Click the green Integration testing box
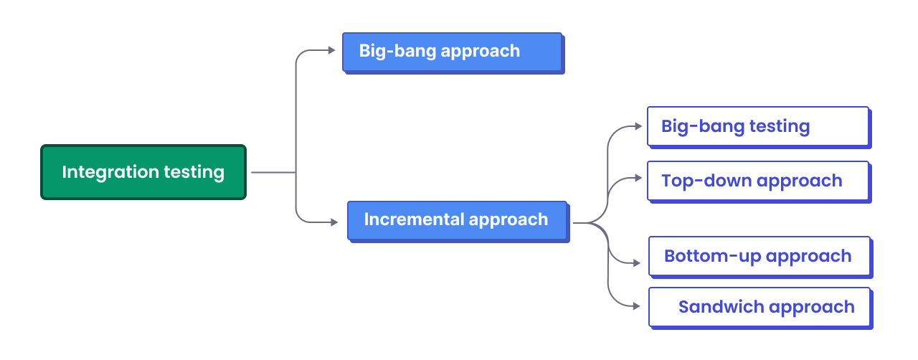point(143,172)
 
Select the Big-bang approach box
point(453,52)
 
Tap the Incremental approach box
point(458,221)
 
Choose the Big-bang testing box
point(759,127)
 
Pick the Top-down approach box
point(759,181)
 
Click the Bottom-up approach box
point(760,257)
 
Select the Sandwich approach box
point(760,308)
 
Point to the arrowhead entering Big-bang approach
point(331,50)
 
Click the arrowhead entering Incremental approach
point(334,222)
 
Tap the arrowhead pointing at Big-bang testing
point(638,126)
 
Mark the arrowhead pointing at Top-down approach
point(638,178)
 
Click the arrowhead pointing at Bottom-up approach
point(636,262)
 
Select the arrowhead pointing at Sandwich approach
point(636,306)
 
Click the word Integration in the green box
point(110,172)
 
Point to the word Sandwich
point(721,307)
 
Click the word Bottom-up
point(712,257)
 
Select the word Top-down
point(706,181)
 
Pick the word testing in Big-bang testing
point(780,127)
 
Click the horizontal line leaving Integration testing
point(273,172)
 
